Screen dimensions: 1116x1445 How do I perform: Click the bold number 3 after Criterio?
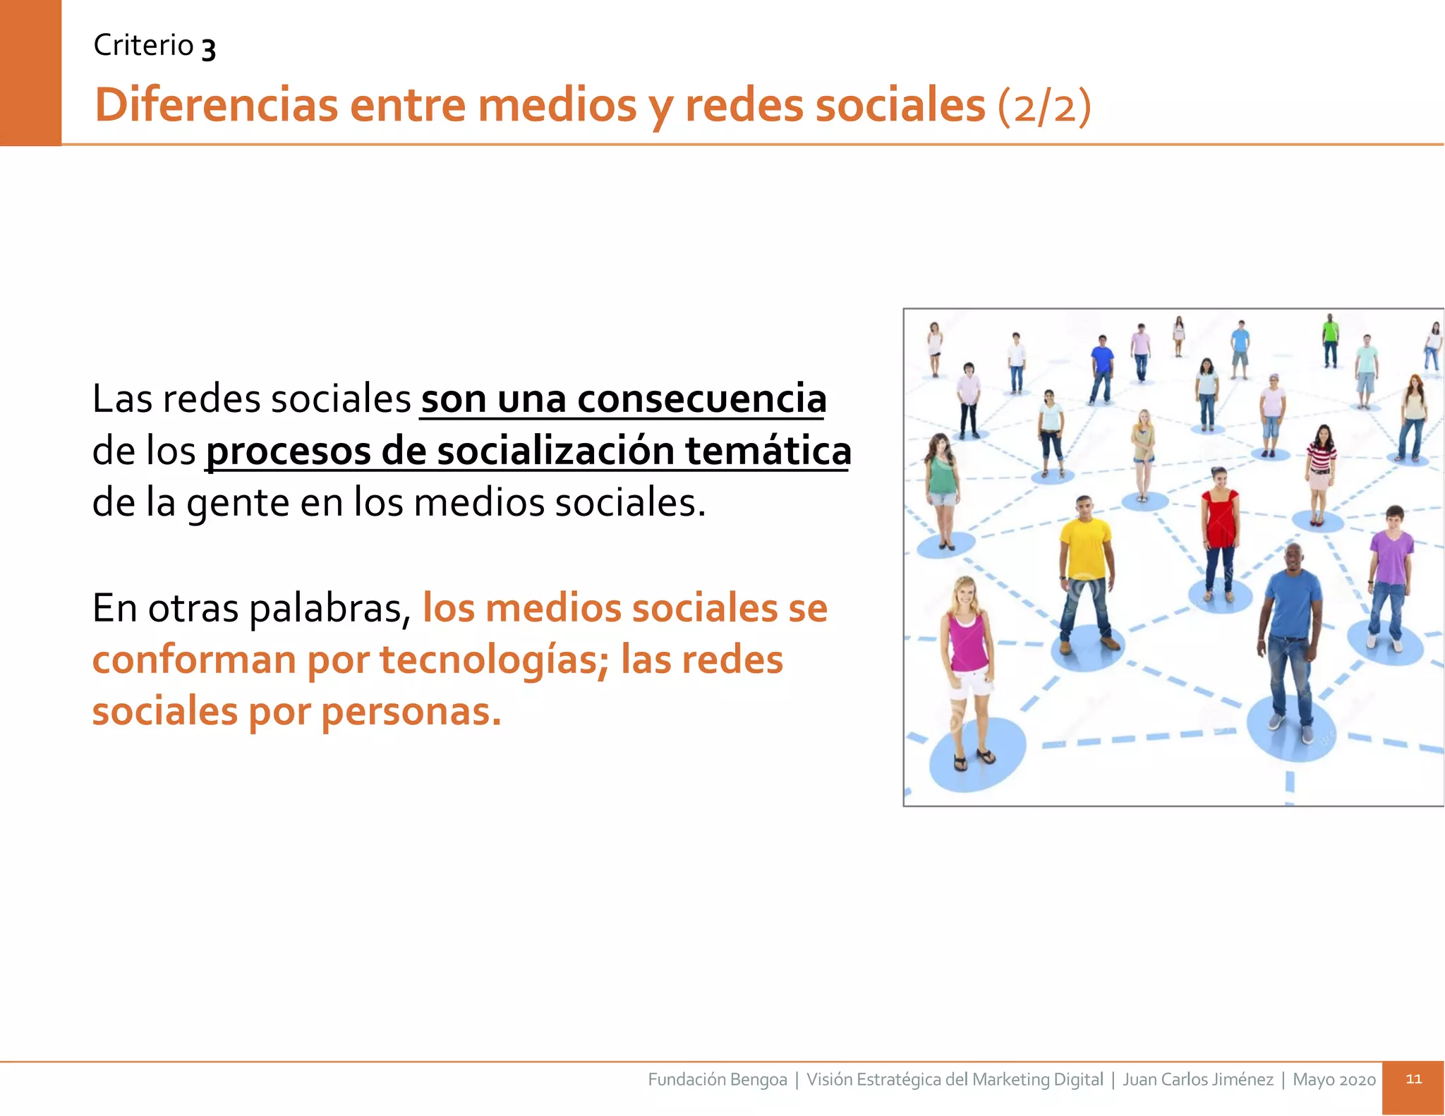[x=208, y=48]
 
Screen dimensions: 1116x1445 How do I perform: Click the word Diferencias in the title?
[x=216, y=105]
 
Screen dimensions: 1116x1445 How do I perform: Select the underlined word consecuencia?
[x=701, y=399]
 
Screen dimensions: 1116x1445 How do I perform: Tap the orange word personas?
[x=411, y=712]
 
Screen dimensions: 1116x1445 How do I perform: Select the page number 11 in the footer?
[x=1413, y=1079]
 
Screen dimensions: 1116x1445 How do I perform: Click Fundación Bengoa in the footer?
[x=717, y=1079]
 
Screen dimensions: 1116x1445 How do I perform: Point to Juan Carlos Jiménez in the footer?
[x=1197, y=1079]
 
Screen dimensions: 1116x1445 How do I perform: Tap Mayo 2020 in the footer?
[x=1334, y=1079]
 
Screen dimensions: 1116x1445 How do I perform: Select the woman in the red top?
[x=1221, y=529]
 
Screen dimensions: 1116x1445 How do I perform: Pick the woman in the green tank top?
[x=941, y=487]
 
